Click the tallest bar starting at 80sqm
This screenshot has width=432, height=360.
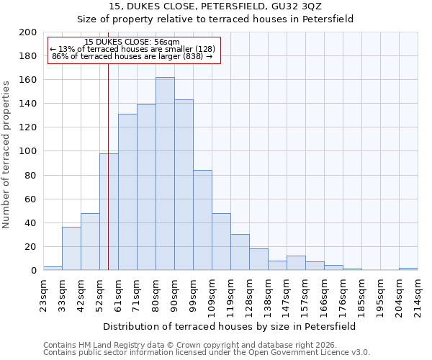(x=165, y=174)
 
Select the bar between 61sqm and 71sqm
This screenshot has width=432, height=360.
(x=127, y=192)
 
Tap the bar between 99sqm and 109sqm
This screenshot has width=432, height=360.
(x=202, y=220)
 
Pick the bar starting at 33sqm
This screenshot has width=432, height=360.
(x=71, y=248)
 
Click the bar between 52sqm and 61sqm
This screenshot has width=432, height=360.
(x=109, y=212)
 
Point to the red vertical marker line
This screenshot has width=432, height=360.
(x=108, y=166)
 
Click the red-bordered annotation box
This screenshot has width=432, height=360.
(x=133, y=50)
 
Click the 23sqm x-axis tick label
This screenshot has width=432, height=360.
(x=43, y=293)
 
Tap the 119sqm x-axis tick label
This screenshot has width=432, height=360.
(x=230, y=293)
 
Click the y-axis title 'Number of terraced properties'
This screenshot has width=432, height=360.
(x=6, y=154)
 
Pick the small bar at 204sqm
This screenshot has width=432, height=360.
(x=408, y=269)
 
